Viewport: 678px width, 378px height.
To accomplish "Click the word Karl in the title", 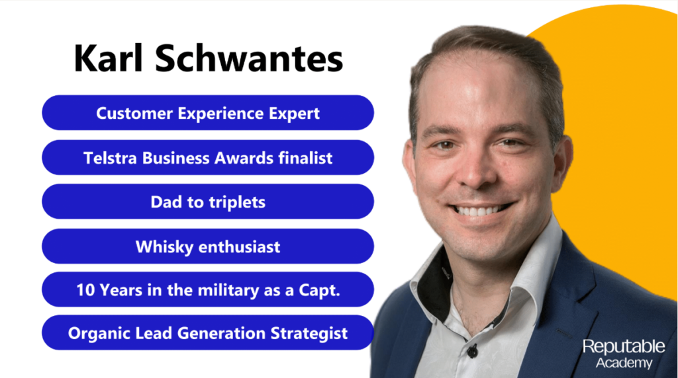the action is tap(109, 58).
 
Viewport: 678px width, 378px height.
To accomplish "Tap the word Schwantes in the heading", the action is tap(249, 58).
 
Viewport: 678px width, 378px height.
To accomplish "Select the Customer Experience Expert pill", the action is tap(208, 112).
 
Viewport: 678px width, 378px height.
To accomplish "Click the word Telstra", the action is tap(111, 158).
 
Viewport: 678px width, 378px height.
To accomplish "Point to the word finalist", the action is tap(305, 158).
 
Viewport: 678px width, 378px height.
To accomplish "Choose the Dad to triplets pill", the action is tap(208, 202).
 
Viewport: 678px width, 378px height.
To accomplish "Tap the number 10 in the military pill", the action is tap(85, 290).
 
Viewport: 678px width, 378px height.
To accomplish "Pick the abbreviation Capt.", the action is tap(320, 291).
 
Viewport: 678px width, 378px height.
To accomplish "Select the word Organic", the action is tap(99, 333).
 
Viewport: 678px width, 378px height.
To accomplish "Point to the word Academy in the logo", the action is tap(624, 363).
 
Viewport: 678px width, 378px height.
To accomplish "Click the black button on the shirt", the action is tap(472, 352).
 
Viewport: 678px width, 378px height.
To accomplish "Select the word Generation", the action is tap(221, 333).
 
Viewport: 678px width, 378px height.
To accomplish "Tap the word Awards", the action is tap(244, 158).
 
